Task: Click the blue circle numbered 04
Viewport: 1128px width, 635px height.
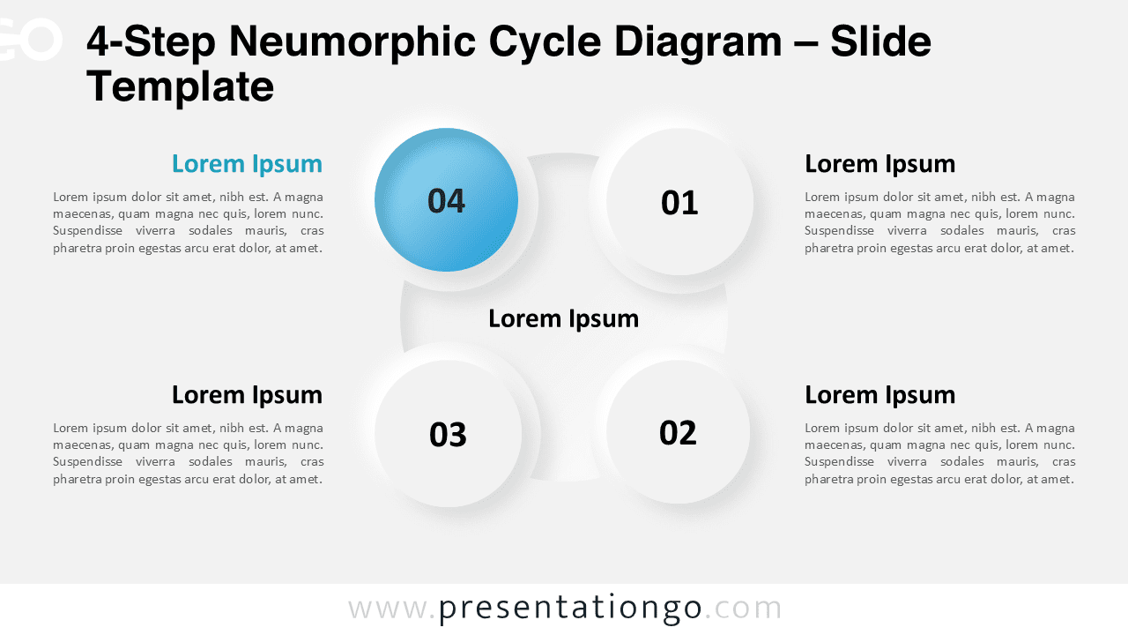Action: (446, 200)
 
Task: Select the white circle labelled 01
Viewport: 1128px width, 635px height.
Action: (679, 202)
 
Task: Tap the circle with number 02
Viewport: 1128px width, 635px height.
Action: (678, 432)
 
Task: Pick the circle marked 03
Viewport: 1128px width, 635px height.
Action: (448, 433)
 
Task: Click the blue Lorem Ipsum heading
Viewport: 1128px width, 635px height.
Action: (247, 164)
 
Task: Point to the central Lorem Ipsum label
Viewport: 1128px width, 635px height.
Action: (563, 318)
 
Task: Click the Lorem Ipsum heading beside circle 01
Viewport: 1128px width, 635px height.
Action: (879, 164)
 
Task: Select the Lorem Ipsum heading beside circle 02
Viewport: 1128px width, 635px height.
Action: (879, 394)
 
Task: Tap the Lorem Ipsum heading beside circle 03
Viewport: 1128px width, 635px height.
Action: (247, 394)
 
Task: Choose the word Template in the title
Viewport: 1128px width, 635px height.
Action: (181, 86)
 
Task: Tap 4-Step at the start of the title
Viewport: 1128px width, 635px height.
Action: (151, 42)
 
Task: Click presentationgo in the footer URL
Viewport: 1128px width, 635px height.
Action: (570, 609)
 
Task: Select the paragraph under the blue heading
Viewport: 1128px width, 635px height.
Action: (188, 222)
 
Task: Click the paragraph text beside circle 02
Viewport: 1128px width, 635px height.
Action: (939, 453)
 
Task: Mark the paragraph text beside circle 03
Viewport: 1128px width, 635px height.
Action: (188, 453)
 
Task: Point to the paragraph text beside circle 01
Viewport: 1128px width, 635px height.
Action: (939, 222)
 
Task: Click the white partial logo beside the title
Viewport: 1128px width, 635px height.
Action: (30, 40)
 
